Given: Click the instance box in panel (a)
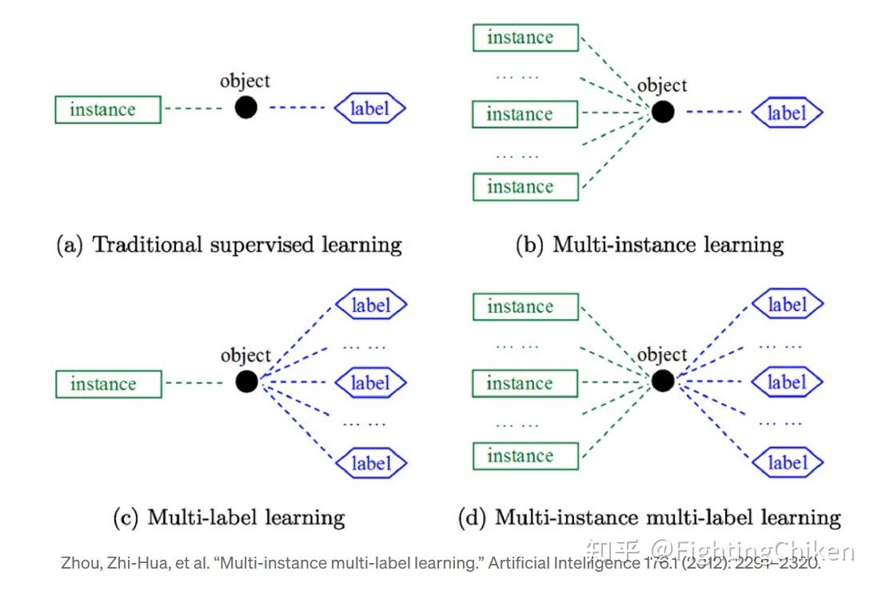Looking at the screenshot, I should (x=107, y=110).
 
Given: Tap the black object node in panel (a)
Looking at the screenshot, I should (x=246, y=107).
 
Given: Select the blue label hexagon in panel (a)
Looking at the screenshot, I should (x=369, y=108).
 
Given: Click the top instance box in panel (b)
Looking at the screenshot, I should (x=525, y=38).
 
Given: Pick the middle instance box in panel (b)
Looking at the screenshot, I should (x=525, y=114).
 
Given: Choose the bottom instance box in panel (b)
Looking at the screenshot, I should (x=525, y=186).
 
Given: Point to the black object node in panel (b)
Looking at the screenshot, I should (x=662, y=112).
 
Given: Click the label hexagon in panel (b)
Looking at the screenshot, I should (x=786, y=113).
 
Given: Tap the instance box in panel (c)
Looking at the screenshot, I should (x=107, y=384).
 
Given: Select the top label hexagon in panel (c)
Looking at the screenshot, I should (x=370, y=305).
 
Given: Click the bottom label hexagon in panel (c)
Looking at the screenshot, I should (x=370, y=463).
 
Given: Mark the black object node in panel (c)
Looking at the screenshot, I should (x=246, y=381).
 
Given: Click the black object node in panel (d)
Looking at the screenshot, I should (x=662, y=381).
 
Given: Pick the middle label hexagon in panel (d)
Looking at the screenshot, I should (x=786, y=382).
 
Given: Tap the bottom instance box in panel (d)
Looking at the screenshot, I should (x=525, y=456).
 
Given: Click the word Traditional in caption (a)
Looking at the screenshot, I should (x=148, y=245).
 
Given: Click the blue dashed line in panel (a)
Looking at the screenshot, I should (x=297, y=108).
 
